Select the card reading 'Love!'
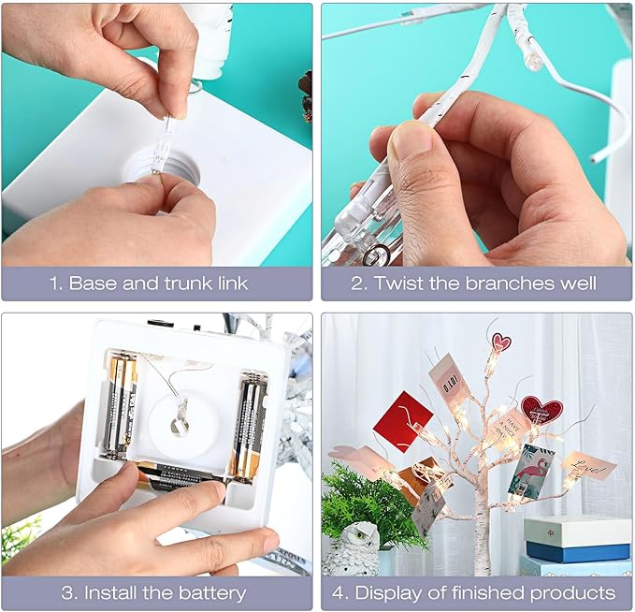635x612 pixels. point(588,465)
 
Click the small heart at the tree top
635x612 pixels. point(502,342)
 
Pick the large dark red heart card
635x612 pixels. point(541,410)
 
